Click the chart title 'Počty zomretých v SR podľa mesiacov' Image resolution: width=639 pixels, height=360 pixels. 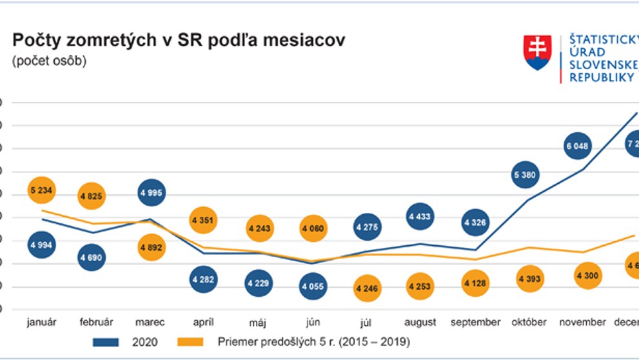[x=179, y=41]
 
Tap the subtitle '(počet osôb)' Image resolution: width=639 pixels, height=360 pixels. [x=49, y=62]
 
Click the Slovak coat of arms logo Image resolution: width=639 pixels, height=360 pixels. [x=537, y=53]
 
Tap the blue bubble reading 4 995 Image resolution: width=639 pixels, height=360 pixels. [x=151, y=192]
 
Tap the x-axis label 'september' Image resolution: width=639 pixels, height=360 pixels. [x=475, y=322]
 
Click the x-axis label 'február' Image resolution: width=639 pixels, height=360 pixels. [x=97, y=322]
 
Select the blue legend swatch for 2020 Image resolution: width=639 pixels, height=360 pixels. [x=108, y=341]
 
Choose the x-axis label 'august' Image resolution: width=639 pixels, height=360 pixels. [x=420, y=322]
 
